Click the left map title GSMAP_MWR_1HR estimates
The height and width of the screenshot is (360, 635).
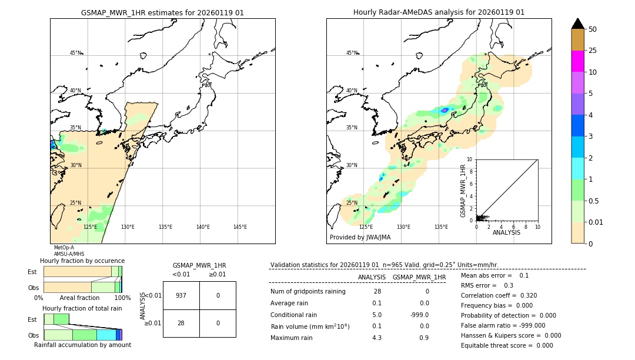(x=162, y=12)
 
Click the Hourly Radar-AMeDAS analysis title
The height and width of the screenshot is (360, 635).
(x=439, y=12)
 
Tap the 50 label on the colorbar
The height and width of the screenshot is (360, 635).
(x=593, y=29)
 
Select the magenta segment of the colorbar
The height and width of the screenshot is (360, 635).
(x=577, y=61)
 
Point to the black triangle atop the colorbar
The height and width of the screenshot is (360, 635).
(x=577, y=24)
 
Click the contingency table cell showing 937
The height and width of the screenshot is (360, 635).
(x=181, y=295)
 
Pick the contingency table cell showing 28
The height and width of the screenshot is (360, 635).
(x=181, y=323)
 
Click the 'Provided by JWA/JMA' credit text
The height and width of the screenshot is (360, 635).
(x=360, y=237)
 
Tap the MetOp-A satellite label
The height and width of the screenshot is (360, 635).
(x=63, y=248)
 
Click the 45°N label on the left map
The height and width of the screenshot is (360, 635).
(x=75, y=53)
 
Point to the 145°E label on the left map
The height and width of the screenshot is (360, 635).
(x=240, y=227)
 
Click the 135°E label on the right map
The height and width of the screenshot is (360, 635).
(x=441, y=227)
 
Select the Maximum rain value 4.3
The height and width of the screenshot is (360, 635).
(x=376, y=338)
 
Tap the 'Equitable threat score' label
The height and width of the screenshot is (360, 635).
(x=497, y=345)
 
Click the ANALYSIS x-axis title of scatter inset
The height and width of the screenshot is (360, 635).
(x=506, y=232)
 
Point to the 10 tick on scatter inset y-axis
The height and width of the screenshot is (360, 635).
(x=469, y=159)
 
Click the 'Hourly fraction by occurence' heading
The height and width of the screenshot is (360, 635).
(x=82, y=261)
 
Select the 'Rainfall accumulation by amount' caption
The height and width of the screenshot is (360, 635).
(x=82, y=345)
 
